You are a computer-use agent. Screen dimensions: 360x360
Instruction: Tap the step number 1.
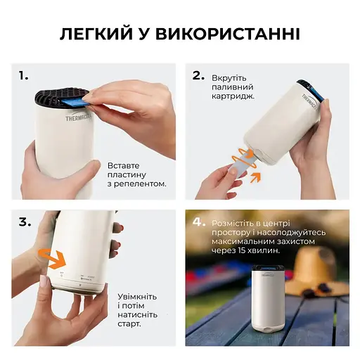pos(24,75)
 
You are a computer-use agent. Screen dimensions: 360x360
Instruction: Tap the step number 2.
pos(199,75)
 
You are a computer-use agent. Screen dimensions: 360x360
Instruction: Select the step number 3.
pos(25,221)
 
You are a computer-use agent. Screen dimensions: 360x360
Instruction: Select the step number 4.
pos(200,221)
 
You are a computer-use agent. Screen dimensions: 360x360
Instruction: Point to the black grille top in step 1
pos(59,97)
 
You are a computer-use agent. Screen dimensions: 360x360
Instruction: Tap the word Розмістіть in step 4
pos(236,221)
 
